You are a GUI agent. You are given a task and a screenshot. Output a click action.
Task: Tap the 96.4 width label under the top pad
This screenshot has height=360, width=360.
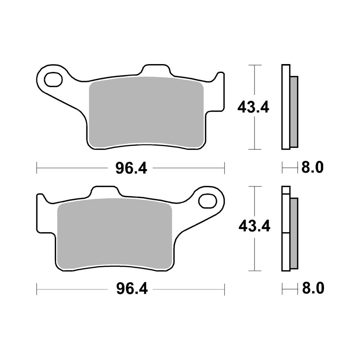coord(131,168)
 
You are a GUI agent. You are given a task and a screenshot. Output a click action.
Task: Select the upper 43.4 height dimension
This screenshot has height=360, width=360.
coord(253,107)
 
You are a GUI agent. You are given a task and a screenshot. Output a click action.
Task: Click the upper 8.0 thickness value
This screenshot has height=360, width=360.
coord(312,167)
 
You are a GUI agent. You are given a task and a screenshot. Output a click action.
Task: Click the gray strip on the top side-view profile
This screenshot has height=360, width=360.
coord(294,112)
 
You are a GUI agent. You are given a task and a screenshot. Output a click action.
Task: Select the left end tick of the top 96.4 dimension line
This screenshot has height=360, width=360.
coord(37,167)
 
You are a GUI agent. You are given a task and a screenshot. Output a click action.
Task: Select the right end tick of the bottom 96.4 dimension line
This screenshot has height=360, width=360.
coord(224,288)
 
